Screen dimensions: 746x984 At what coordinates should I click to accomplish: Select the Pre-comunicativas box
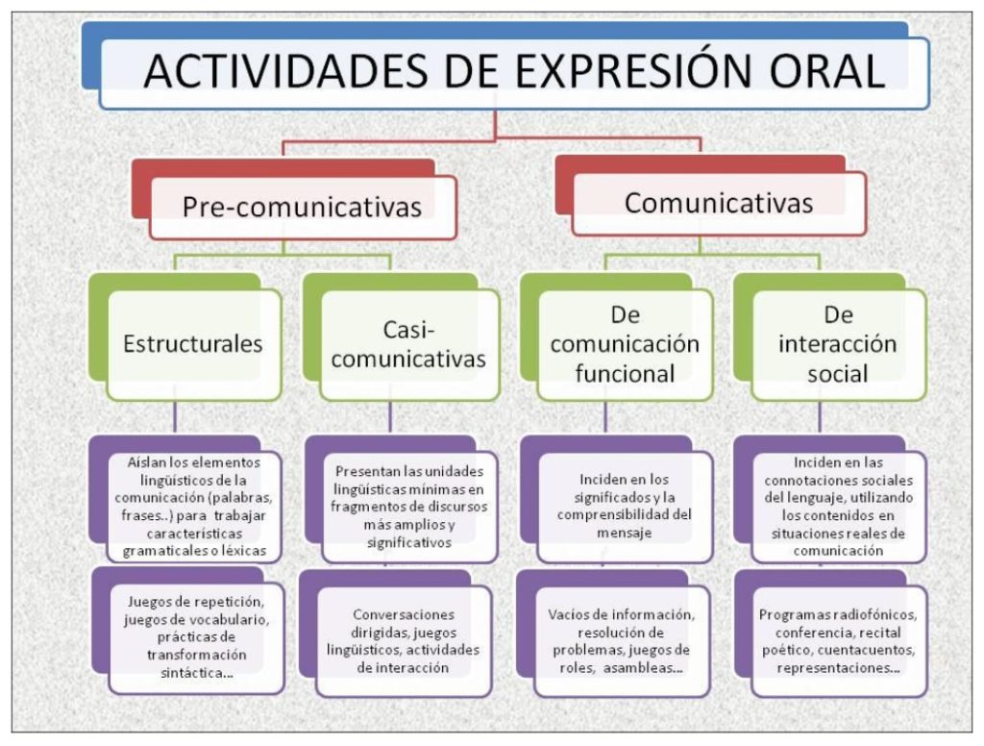click(303, 207)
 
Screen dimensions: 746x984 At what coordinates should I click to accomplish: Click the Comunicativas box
click(719, 203)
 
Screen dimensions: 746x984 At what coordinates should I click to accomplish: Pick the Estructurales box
click(193, 344)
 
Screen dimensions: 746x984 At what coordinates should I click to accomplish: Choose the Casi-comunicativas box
click(409, 345)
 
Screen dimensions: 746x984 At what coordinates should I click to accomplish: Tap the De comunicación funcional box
click(625, 344)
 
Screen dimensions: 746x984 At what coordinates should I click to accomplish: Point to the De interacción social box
click(838, 344)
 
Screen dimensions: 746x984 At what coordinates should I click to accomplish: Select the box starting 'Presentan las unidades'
click(409, 507)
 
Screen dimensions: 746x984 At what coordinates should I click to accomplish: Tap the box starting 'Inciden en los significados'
click(625, 506)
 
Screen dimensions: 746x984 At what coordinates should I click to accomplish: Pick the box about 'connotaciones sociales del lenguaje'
click(839, 506)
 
